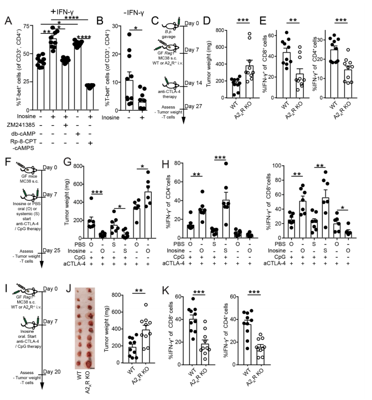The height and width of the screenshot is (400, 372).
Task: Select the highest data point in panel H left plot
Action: tap(210, 178)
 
